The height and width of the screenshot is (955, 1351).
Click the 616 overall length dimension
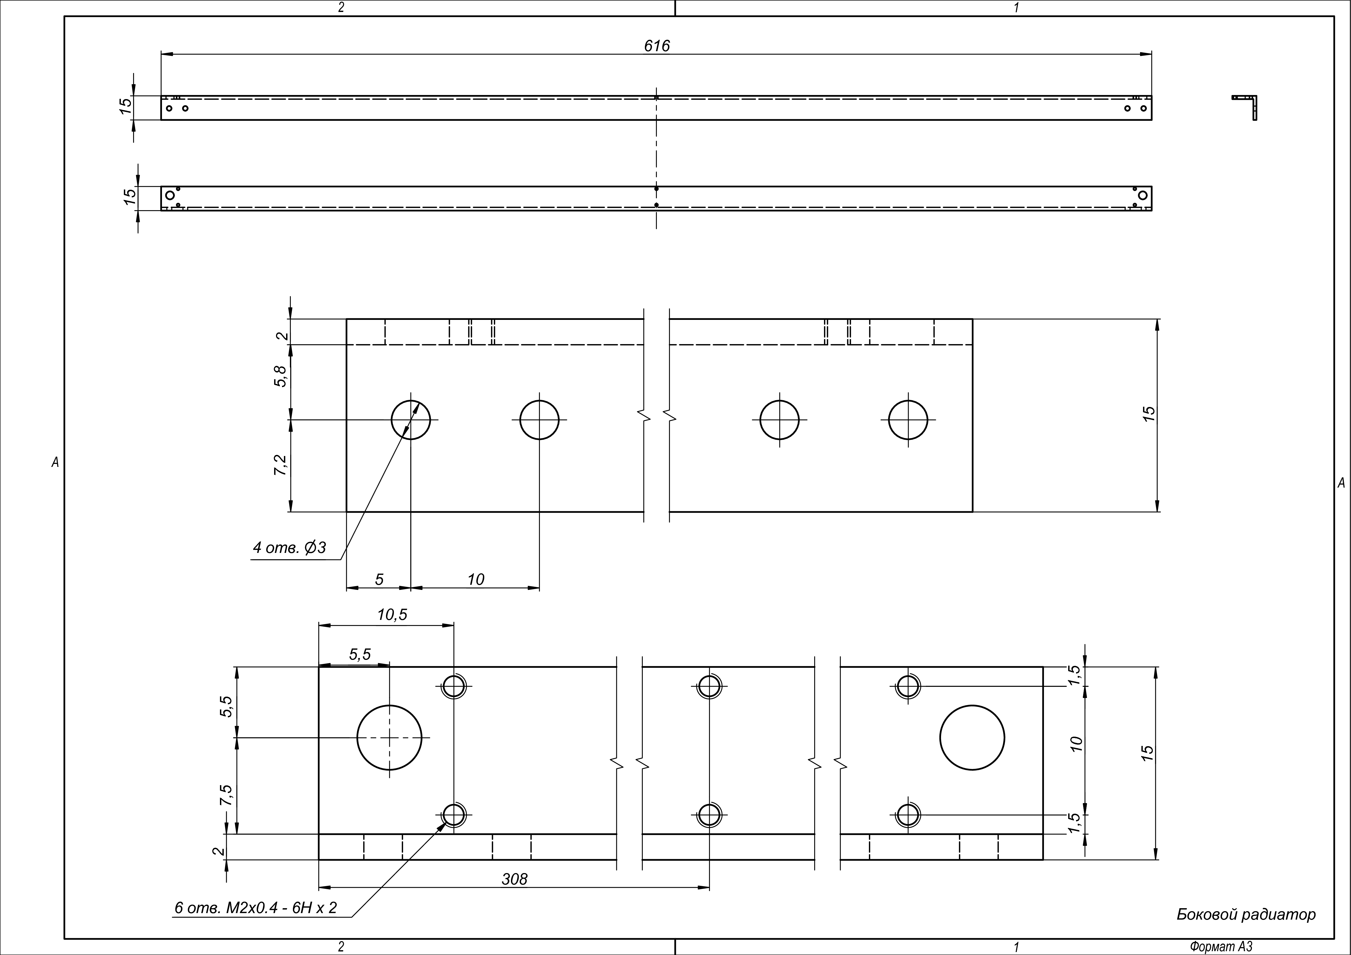657,46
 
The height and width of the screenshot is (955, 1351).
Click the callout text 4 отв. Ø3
289,548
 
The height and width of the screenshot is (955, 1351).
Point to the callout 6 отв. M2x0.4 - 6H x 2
256,908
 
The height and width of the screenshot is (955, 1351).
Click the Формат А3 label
1221,947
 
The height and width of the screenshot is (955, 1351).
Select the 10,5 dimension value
392,615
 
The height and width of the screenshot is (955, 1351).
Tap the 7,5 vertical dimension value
225,795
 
